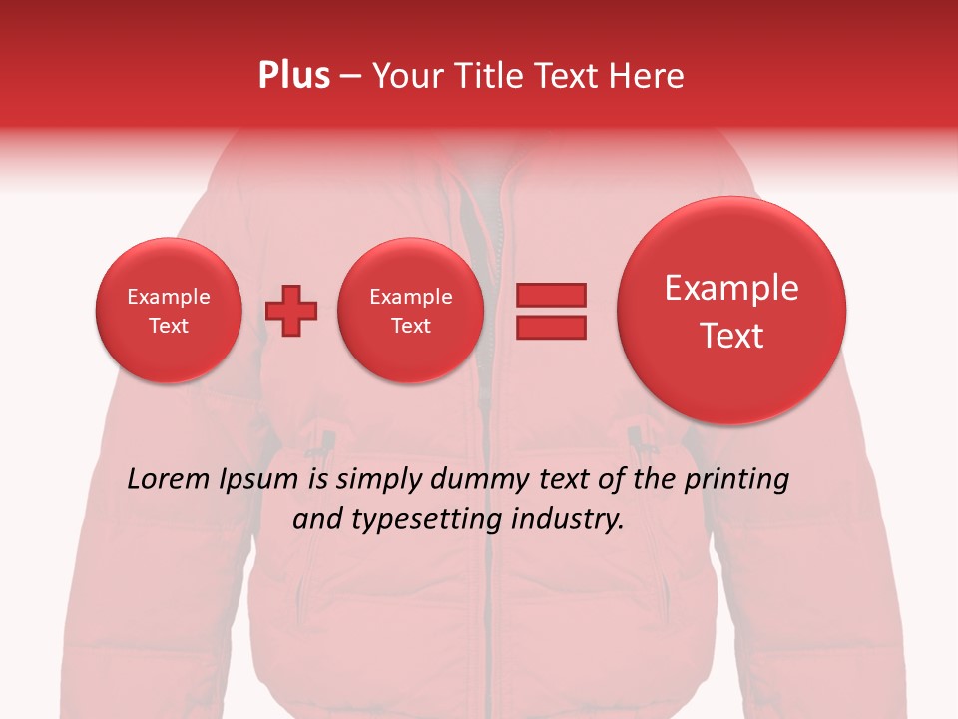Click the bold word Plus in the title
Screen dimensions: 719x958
click(x=294, y=76)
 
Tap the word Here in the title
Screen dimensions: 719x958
click(x=649, y=76)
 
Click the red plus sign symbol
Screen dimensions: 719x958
click(x=291, y=311)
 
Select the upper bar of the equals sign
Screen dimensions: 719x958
click(x=550, y=295)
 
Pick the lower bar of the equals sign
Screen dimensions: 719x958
click(x=550, y=327)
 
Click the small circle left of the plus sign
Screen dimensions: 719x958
click(x=168, y=311)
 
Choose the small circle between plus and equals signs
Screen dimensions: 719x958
click(x=410, y=311)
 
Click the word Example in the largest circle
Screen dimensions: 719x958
click(x=731, y=288)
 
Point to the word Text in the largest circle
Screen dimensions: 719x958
click(x=731, y=336)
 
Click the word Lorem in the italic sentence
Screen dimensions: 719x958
click(x=169, y=479)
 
